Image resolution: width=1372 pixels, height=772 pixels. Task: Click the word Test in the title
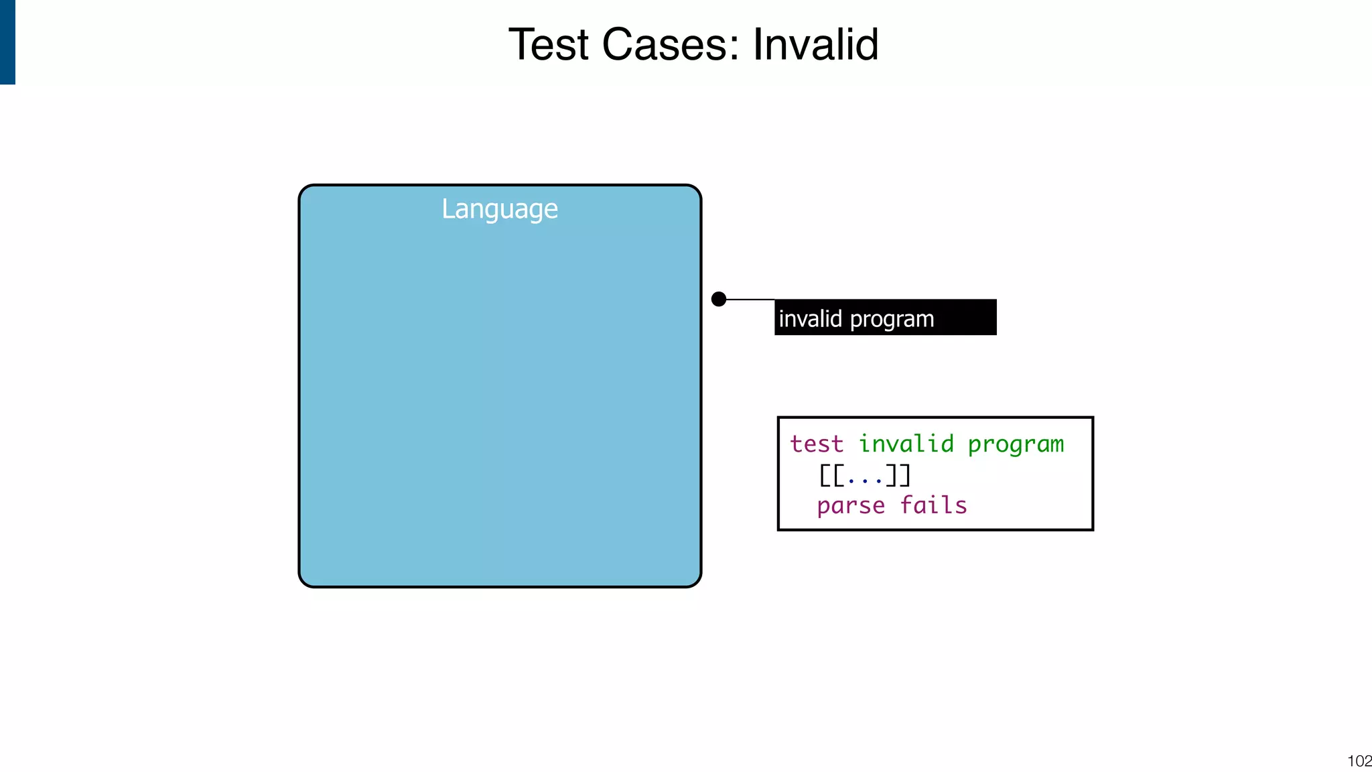pyautogui.click(x=548, y=45)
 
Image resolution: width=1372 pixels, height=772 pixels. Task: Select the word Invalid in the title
pyautogui.click(x=815, y=45)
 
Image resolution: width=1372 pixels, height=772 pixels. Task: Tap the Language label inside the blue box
pyautogui.click(x=500, y=209)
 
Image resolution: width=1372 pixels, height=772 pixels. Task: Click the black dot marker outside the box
pyautogui.click(x=719, y=299)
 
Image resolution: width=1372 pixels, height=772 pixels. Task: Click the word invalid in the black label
pyautogui.click(x=810, y=318)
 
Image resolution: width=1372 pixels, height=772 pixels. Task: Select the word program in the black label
pyautogui.click(x=892, y=320)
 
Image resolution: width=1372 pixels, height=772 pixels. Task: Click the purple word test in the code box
pyautogui.click(x=816, y=444)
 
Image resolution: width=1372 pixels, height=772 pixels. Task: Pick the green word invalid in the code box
pyautogui.click(x=906, y=444)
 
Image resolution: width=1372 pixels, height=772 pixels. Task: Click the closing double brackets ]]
pyautogui.click(x=898, y=475)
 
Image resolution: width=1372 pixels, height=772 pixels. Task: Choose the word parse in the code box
pyautogui.click(x=851, y=506)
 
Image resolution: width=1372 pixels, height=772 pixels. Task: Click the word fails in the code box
pyautogui.click(x=933, y=505)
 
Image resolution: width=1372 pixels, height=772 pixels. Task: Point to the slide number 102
pyautogui.click(x=1359, y=761)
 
